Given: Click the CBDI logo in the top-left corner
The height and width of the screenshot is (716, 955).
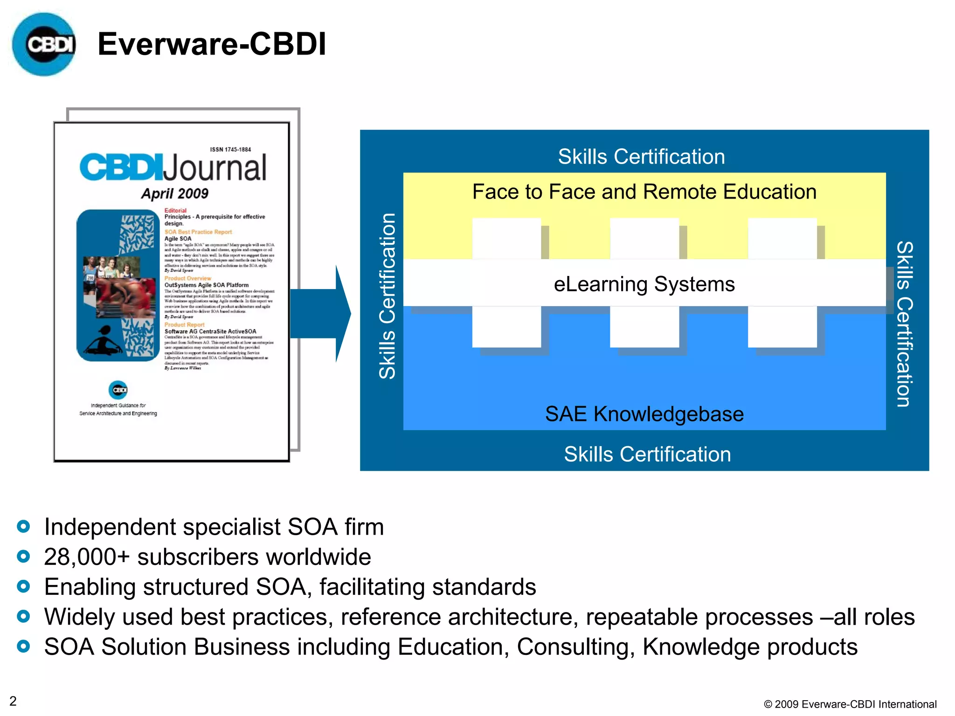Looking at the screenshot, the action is click(44, 44).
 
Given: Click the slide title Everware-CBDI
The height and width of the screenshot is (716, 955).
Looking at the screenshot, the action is click(212, 44).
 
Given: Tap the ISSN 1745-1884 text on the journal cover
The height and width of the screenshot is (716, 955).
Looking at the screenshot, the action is click(230, 150).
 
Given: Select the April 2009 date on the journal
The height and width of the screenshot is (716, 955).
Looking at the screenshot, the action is click(175, 193).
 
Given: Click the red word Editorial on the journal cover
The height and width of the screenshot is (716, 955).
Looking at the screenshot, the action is click(175, 211).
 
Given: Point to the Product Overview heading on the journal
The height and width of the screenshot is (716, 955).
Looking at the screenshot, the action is click(187, 278).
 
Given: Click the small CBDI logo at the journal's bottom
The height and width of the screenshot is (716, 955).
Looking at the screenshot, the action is click(118, 390).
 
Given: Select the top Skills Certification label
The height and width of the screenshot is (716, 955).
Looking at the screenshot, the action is click(641, 157).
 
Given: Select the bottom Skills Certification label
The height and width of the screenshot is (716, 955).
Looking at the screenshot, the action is click(647, 454).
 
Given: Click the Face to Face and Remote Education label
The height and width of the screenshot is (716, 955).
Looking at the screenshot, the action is click(644, 192).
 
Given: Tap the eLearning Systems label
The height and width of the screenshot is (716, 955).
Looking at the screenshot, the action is click(644, 284).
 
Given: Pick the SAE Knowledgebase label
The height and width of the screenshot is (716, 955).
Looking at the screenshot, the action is click(644, 414).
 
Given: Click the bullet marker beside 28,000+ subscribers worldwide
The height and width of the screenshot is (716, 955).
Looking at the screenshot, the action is click(23, 557).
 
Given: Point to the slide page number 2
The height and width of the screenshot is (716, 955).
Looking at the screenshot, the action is click(13, 701).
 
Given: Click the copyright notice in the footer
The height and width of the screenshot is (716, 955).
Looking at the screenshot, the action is click(850, 704).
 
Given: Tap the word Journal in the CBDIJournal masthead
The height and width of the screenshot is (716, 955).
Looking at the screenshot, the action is click(215, 168).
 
